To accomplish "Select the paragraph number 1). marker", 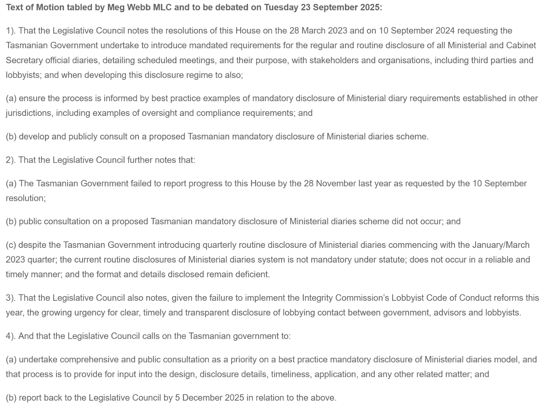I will [x=11, y=30].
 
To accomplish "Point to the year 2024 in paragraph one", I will [x=445, y=30].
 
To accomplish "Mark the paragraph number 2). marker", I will [x=11, y=160].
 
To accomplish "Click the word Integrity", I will [x=317, y=298].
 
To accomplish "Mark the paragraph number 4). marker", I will [x=11, y=336].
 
